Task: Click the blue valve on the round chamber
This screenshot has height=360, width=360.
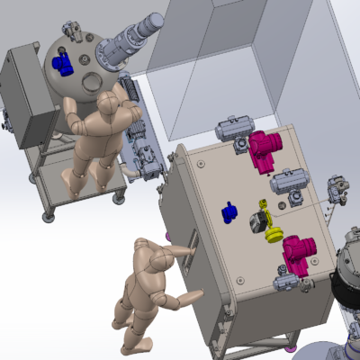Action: pyautogui.click(x=62, y=64)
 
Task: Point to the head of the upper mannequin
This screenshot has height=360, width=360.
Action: pyautogui.click(x=110, y=103)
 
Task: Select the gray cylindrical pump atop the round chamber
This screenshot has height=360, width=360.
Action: pyautogui.click(x=131, y=40)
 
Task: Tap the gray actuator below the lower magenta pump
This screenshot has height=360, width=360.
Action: pyautogui.click(x=283, y=284)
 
